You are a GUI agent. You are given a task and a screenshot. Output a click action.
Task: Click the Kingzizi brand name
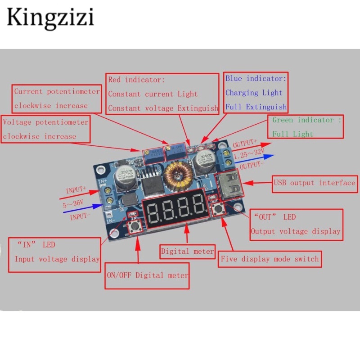click(x=50, y=18)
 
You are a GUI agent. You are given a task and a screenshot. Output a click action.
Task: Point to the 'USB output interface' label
click(x=315, y=183)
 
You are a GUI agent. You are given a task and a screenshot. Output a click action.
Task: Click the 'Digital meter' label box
click(x=188, y=251)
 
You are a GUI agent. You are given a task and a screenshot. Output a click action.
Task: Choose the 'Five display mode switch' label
click(x=270, y=259)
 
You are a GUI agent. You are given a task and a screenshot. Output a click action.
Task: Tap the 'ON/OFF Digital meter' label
click(x=147, y=275)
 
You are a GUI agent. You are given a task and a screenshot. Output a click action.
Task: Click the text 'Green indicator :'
click(x=307, y=120)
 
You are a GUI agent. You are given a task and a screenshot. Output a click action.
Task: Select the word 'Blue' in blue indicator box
click(x=234, y=79)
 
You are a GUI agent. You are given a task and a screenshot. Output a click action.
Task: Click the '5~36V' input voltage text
click(x=73, y=203)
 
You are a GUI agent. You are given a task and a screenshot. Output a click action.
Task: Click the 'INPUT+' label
click(x=76, y=190)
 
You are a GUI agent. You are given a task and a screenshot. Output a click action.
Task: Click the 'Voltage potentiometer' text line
click(x=46, y=122)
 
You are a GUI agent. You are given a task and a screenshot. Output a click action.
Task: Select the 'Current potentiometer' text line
click(x=57, y=91)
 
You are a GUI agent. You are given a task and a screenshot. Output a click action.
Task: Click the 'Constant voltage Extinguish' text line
click(x=163, y=108)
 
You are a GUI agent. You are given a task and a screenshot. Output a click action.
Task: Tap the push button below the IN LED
click(x=134, y=228)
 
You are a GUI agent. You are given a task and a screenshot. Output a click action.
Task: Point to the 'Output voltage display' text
click(x=295, y=231)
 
